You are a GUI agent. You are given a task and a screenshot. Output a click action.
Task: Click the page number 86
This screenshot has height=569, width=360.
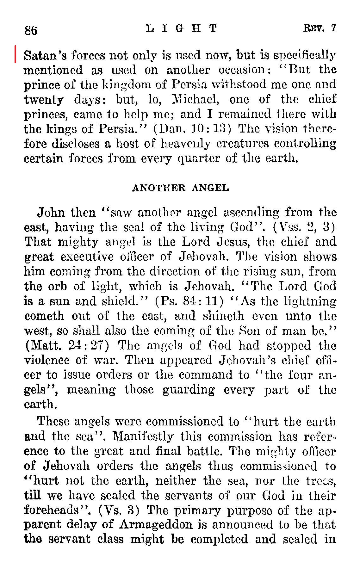[31, 31]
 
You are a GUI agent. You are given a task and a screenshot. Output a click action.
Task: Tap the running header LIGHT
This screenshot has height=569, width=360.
[182, 28]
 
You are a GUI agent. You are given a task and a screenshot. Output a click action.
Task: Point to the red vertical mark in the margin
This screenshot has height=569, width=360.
[15, 54]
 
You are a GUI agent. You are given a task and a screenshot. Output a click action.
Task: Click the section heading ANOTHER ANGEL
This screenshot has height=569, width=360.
[180, 188]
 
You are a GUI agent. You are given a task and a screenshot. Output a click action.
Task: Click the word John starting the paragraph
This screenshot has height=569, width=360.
[51, 212]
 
